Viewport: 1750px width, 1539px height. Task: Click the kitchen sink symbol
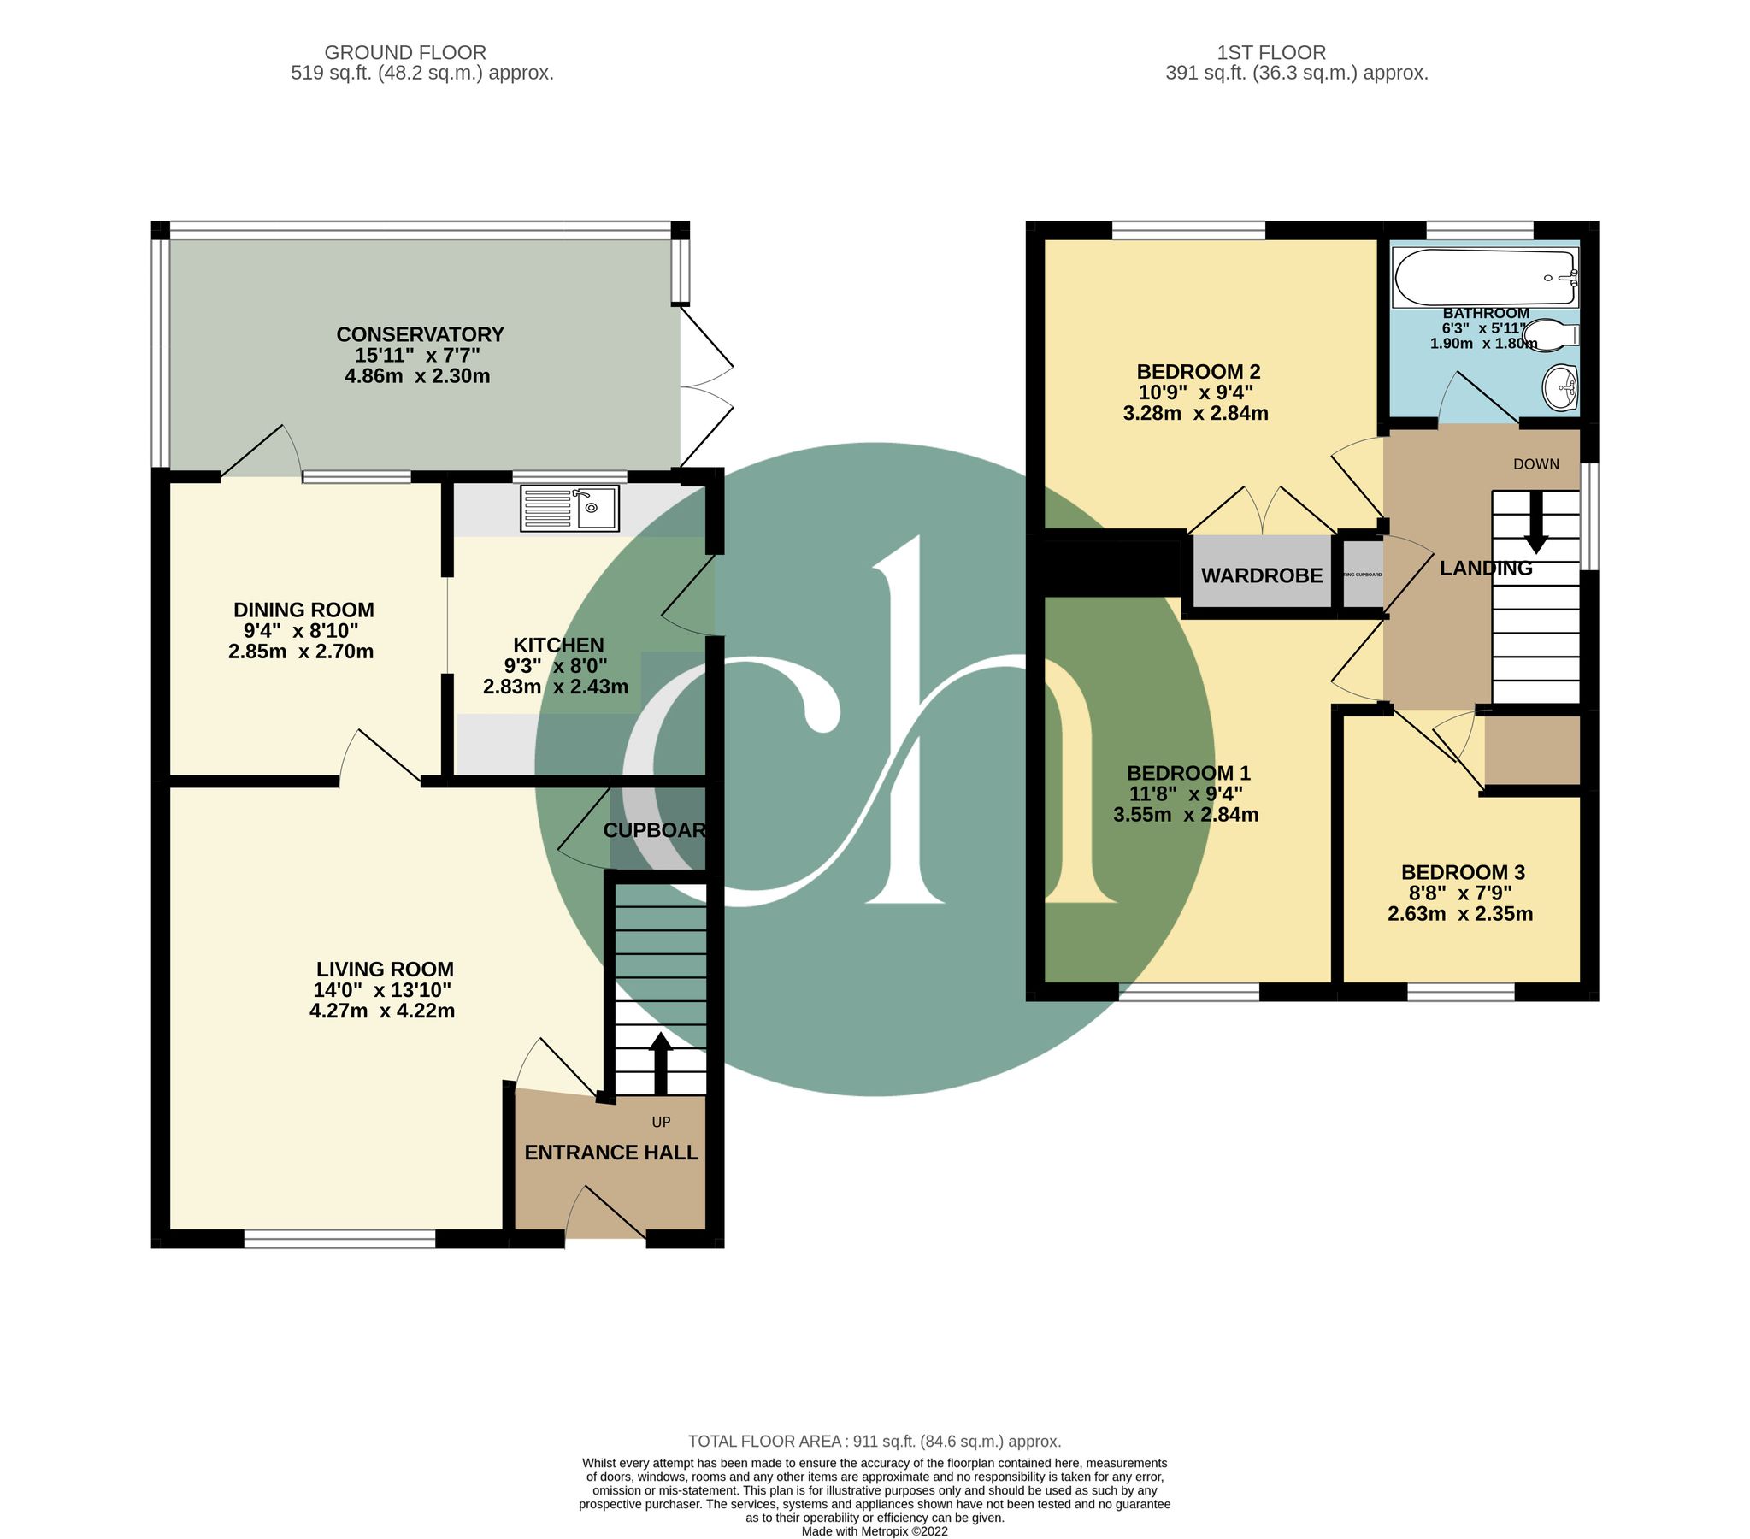click(569, 509)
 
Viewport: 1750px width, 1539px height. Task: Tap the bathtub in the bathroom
click(1485, 277)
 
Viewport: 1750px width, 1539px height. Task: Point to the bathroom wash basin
click(1560, 388)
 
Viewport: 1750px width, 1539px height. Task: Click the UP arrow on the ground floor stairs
click(660, 1064)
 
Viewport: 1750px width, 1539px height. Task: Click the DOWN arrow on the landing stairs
click(1536, 522)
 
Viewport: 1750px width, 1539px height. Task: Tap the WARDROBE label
click(1261, 575)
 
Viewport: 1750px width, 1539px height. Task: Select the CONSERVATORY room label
click(420, 334)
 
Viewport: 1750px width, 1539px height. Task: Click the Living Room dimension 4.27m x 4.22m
click(382, 1011)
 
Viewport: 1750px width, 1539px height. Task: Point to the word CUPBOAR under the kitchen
click(655, 830)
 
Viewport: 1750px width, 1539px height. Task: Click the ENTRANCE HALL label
click(610, 1153)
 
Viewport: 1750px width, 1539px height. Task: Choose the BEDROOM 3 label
click(1463, 872)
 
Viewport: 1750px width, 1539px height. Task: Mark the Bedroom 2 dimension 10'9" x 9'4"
click(1195, 392)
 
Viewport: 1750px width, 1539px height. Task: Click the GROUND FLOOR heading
click(405, 52)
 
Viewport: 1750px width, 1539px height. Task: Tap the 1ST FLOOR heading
click(1271, 52)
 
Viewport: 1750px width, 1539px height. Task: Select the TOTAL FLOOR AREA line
click(874, 1442)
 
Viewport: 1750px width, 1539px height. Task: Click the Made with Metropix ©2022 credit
click(874, 1531)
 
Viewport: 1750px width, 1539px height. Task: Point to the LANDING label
click(1486, 568)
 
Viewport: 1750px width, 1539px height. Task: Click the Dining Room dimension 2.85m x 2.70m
click(301, 651)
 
